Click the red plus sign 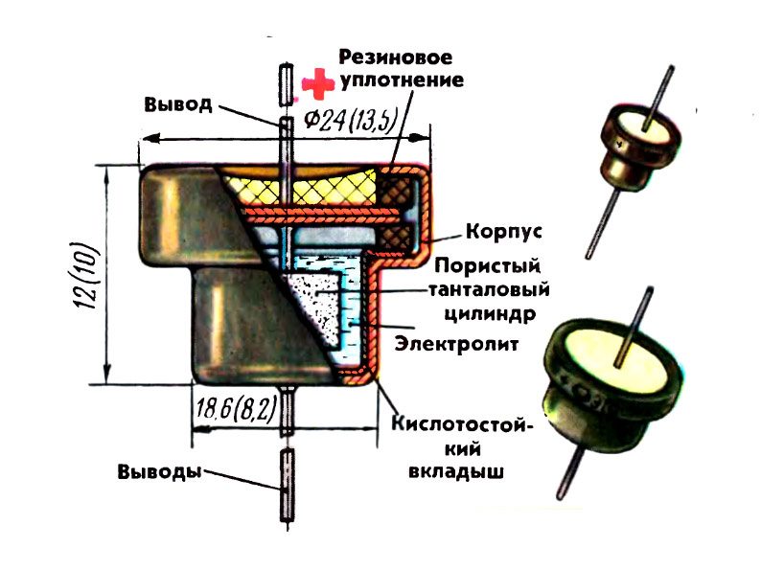tap(316, 83)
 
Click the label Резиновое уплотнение tap(400, 69)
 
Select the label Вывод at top tap(178, 104)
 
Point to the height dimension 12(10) tap(81, 276)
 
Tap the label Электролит tap(456, 342)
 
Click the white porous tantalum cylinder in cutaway tap(316, 307)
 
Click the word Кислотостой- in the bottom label tap(461, 424)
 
